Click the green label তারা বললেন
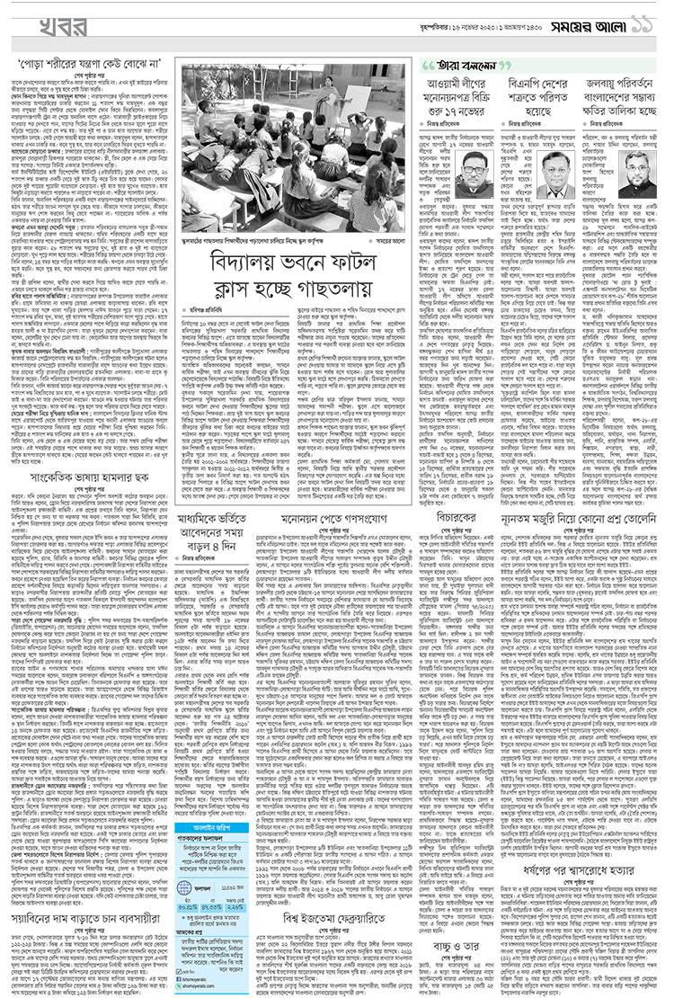tap(467, 66)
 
